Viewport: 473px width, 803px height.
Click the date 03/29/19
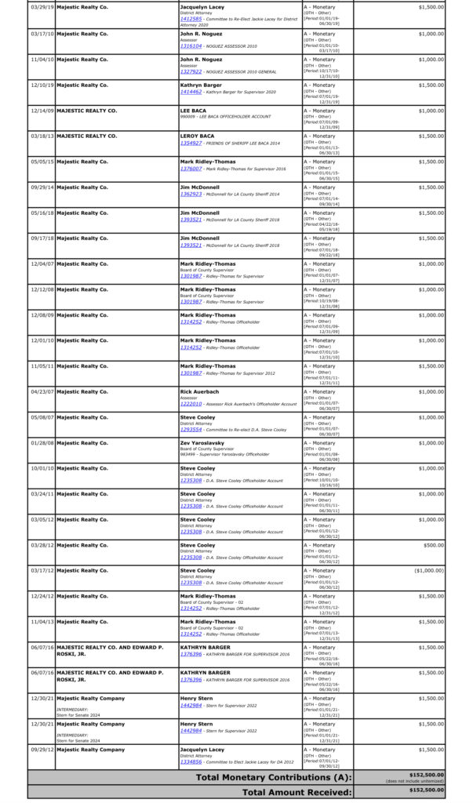(42, 6)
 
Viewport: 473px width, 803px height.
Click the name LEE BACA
(194, 111)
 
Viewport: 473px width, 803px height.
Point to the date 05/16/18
(42, 213)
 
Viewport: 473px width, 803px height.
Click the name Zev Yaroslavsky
(204, 442)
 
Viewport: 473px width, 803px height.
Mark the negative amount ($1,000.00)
(428, 571)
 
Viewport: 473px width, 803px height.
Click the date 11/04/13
(42, 622)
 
